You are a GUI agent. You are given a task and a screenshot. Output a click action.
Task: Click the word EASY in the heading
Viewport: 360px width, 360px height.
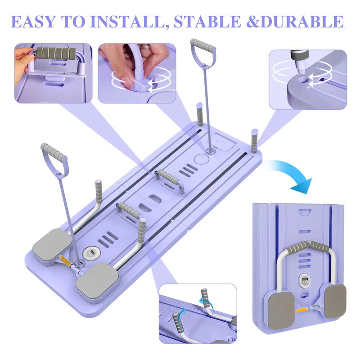click(33, 22)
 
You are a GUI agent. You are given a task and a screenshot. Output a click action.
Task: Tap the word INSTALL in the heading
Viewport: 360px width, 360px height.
click(128, 22)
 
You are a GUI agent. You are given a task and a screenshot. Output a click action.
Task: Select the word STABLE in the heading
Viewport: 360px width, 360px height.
click(207, 22)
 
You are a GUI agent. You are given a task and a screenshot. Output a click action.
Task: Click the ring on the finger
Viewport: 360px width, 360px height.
click(145, 47)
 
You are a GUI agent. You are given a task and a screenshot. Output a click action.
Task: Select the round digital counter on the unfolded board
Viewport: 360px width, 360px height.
click(92, 253)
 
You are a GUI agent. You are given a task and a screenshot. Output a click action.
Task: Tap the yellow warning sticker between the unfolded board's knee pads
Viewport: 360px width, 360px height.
click(65, 260)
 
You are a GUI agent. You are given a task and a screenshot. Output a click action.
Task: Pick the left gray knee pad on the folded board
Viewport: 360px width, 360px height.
click(281, 308)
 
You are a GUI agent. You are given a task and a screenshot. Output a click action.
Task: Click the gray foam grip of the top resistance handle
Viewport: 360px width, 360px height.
click(203, 45)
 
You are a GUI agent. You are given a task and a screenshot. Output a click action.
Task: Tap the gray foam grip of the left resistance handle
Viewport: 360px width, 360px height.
click(54, 152)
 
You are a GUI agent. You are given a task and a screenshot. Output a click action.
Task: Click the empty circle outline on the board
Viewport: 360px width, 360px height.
click(201, 159)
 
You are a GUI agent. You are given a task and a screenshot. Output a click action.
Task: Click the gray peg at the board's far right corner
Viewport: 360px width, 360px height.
click(254, 141)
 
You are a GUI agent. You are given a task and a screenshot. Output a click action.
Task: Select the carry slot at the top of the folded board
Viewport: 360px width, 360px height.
click(305, 211)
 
